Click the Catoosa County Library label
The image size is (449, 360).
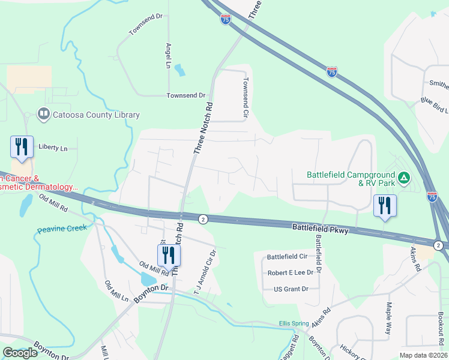click(97, 115)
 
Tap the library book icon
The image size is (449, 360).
click(43, 114)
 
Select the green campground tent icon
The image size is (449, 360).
click(405, 178)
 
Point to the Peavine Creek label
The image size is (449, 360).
click(62, 228)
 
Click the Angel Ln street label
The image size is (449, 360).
click(168, 55)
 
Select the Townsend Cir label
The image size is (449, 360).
click(246, 97)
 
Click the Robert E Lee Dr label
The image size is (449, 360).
click(291, 272)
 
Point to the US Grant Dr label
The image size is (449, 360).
click(291, 289)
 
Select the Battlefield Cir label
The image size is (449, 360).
click(287, 256)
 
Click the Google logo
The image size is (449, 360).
click(20, 353)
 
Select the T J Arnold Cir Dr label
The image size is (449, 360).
click(205, 271)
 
